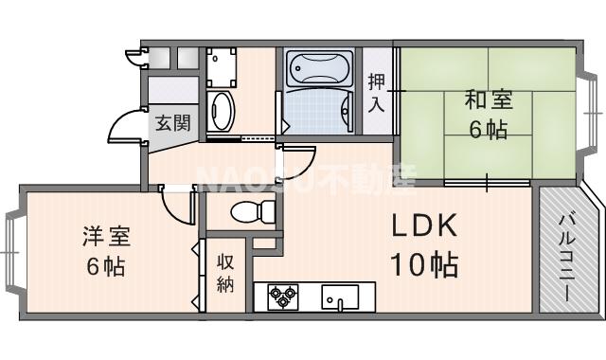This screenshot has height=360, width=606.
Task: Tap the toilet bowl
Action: (x=247, y=212)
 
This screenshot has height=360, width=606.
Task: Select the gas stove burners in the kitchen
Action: (x=281, y=297)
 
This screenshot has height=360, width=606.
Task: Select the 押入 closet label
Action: (x=377, y=93)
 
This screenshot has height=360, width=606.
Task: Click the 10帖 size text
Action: (x=424, y=262)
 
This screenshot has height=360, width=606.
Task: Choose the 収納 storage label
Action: (x=225, y=274)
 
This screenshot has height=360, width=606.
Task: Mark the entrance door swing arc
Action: (x=123, y=130)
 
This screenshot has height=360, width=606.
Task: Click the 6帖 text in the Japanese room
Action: (x=488, y=130)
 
